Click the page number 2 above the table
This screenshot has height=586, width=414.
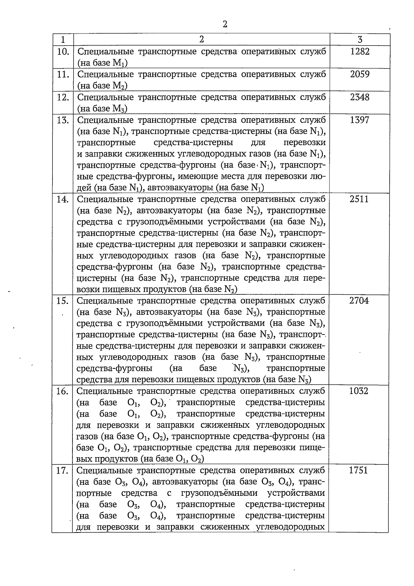pyautogui.click(x=225, y=24)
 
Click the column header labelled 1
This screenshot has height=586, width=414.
pyautogui.click(x=62, y=39)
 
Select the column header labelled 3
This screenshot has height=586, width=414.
pyautogui.click(x=360, y=39)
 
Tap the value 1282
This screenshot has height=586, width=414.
pyautogui.click(x=360, y=51)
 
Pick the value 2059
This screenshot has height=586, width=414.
pyautogui.click(x=360, y=74)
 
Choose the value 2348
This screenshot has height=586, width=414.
pyautogui.click(x=360, y=97)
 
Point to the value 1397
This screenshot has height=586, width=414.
pyautogui.click(x=360, y=120)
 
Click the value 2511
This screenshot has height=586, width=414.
pyautogui.click(x=359, y=199)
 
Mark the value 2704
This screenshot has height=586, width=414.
pyautogui.click(x=359, y=301)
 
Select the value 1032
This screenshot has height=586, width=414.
pyautogui.click(x=359, y=391)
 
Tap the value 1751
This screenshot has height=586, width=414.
pyautogui.click(x=358, y=470)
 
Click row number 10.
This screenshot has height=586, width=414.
pyautogui.click(x=63, y=52)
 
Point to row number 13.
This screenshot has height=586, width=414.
pyautogui.click(x=63, y=120)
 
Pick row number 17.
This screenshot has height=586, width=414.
pyautogui.click(x=62, y=471)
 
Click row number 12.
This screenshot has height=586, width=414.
pyautogui.click(x=63, y=97)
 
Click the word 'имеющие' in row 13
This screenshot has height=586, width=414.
pyautogui.click(x=199, y=177)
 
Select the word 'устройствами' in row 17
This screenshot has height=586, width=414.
pyautogui.click(x=296, y=493)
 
